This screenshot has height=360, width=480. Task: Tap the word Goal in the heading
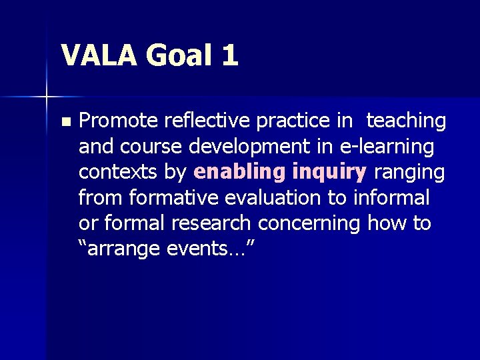tap(181, 55)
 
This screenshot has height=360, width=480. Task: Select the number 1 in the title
tap(229, 55)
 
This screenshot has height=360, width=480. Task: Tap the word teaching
tap(406, 121)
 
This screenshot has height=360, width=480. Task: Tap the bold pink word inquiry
tap(327, 172)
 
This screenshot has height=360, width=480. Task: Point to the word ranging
tap(409, 172)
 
